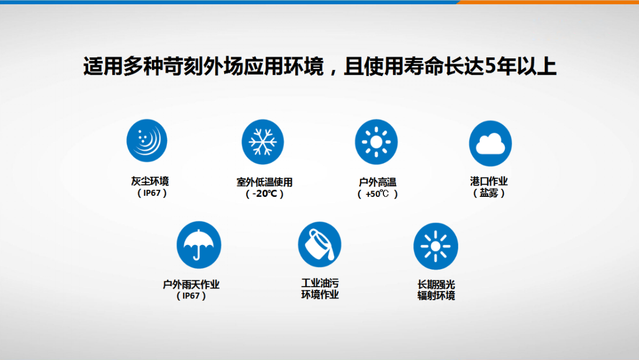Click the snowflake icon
(263, 142)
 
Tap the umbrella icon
(199, 245)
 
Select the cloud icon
(490, 143)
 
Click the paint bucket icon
(320, 244)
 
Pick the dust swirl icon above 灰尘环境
(147, 141)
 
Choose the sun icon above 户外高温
(376, 142)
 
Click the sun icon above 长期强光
(436, 246)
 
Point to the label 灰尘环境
(150, 181)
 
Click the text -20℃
(265, 194)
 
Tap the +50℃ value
(378, 194)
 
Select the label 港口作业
(489, 181)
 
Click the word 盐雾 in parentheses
(489, 193)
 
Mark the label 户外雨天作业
(191, 284)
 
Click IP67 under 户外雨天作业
(191, 296)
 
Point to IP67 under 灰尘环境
(152, 193)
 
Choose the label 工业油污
(320, 283)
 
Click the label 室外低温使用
(265, 182)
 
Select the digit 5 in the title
(491, 66)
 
